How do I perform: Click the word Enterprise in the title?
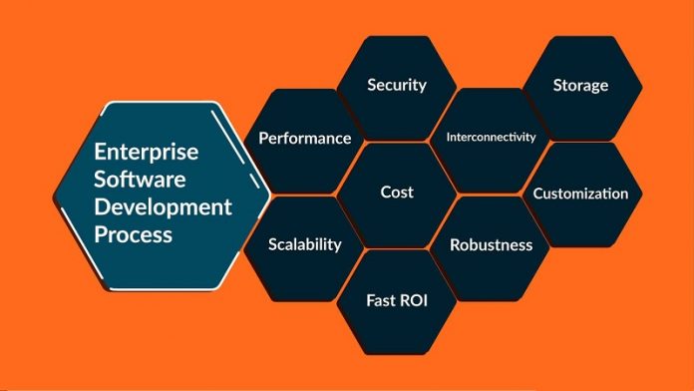(146, 153)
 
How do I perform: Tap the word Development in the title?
(163, 207)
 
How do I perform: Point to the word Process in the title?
(134, 235)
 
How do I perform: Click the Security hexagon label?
(396, 85)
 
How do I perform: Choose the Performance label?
(304, 138)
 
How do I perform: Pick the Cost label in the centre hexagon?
(397, 192)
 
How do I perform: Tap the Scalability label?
(305, 244)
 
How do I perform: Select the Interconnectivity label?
(491, 137)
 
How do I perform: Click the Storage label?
(580, 85)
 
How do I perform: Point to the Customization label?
(580, 194)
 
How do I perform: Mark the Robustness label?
(491, 244)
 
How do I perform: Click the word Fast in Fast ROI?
(382, 298)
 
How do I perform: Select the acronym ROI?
(413, 298)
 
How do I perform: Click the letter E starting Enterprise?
(101, 153)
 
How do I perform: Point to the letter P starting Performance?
(264, 138)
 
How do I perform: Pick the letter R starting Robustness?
(455, 244)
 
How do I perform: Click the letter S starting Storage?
(557, 85)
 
